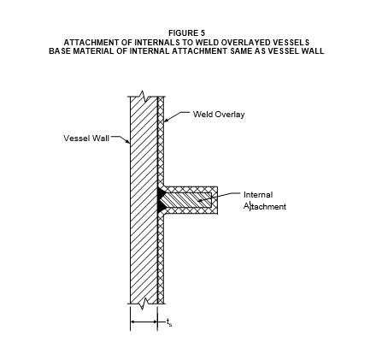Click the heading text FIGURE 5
186,33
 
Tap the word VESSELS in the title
291,43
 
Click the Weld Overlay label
219,115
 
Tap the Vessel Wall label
86,139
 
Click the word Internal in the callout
258,195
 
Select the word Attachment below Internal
265,206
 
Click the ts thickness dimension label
169,322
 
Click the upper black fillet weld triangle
162,193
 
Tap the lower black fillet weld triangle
162,206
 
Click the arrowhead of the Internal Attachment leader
200,200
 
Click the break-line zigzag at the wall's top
144,97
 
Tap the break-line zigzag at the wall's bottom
144,304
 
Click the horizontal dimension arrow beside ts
144,322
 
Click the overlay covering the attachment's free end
214,200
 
